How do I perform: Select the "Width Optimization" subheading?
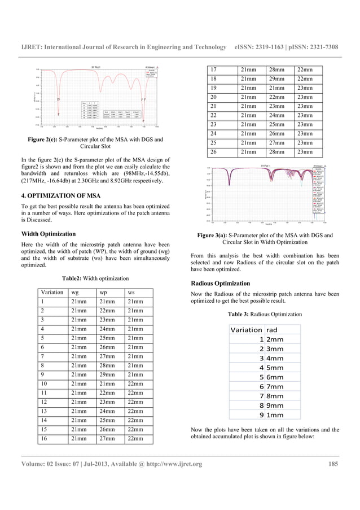coord(48,233)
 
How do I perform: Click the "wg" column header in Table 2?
coord(74,293)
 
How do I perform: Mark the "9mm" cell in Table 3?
coord(275,405)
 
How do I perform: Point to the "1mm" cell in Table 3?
coord(275,415)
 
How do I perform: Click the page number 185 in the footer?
coord(333,464)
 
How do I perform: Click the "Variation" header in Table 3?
coord(247,329)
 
